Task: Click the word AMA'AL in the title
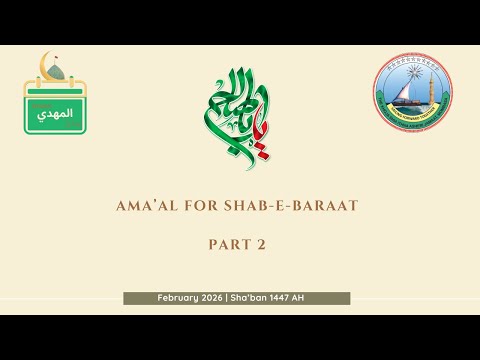(147, 206)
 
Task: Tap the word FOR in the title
(197, 206)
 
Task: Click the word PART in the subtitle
(226, 244)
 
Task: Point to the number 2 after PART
(267, 244)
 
